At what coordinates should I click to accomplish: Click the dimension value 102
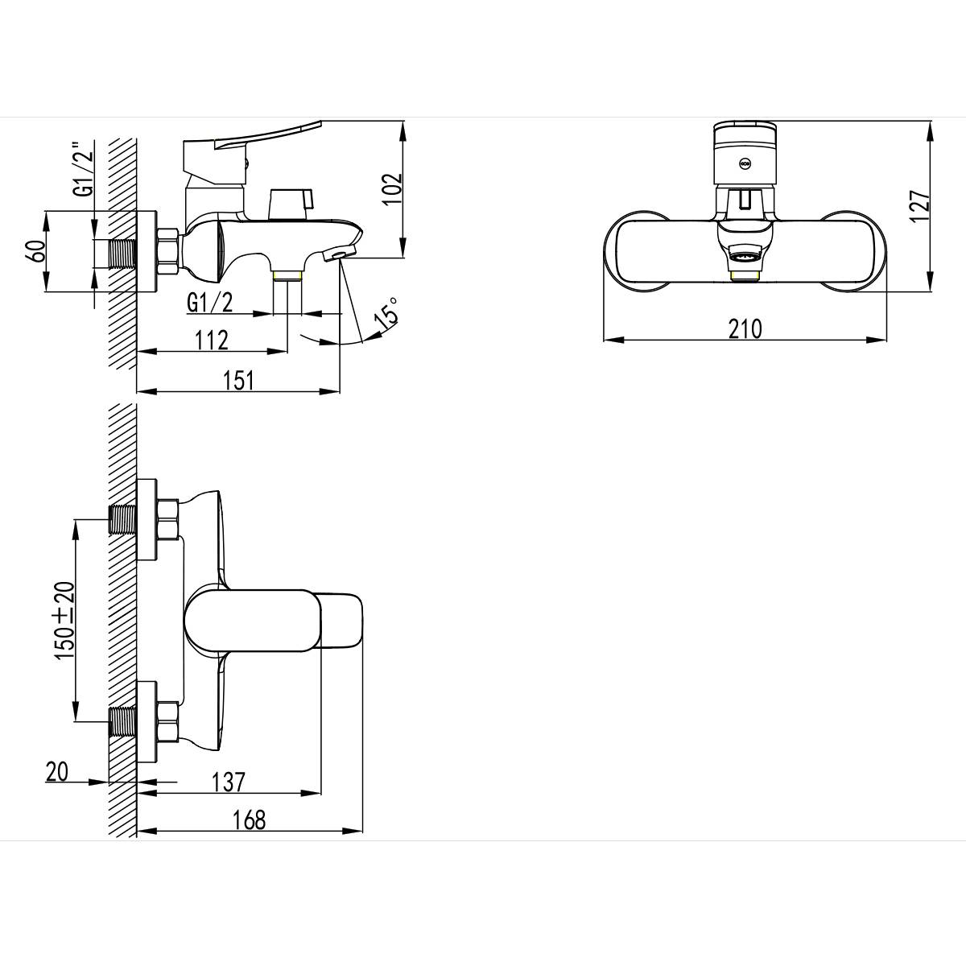click(392, 188)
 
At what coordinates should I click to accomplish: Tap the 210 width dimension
click(745, 329)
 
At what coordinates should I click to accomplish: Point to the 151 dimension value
click(238, 381)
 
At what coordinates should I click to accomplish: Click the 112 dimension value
click(212, 341)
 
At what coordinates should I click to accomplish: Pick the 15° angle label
click(386, 313)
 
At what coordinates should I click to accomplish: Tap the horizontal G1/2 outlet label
click(209, 303)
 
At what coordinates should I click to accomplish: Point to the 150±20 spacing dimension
click(64, 620)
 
